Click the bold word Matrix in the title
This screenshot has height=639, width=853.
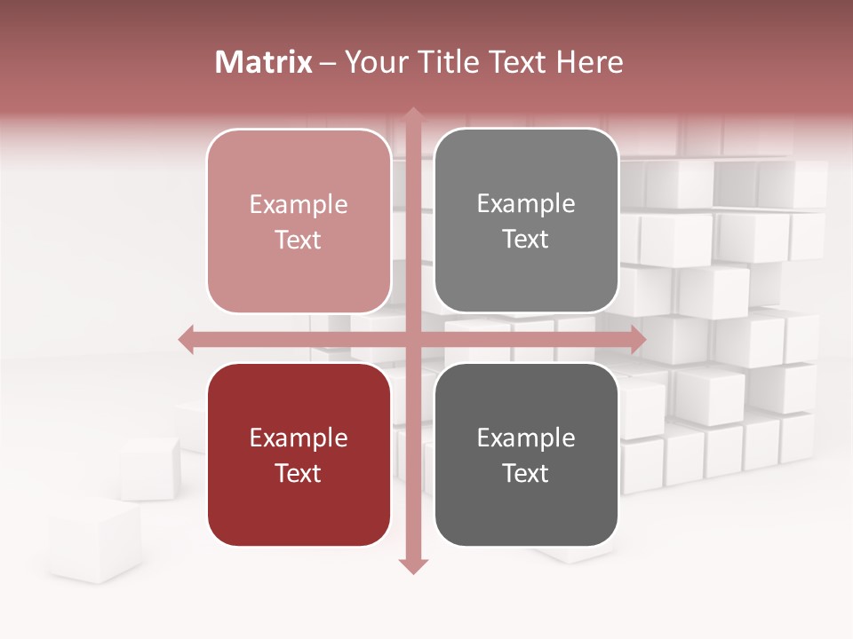coord(264,62)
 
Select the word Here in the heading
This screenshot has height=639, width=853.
coord(589,62)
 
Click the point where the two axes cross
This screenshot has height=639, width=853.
coord(411,339)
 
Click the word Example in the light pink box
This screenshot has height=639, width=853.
coord(299,204)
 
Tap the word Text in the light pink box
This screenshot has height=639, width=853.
coord(299,240)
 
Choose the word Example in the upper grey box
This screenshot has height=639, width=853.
coord(526,203)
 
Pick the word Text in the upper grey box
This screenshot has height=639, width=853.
coord(526,239)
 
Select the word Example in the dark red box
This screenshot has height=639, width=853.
coord(299,438)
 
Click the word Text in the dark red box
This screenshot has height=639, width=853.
coord(299,473)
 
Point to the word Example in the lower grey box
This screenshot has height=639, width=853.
coord(526,438)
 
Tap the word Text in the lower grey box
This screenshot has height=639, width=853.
coord(526,473)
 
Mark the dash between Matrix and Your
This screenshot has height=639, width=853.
coord(329,63)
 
